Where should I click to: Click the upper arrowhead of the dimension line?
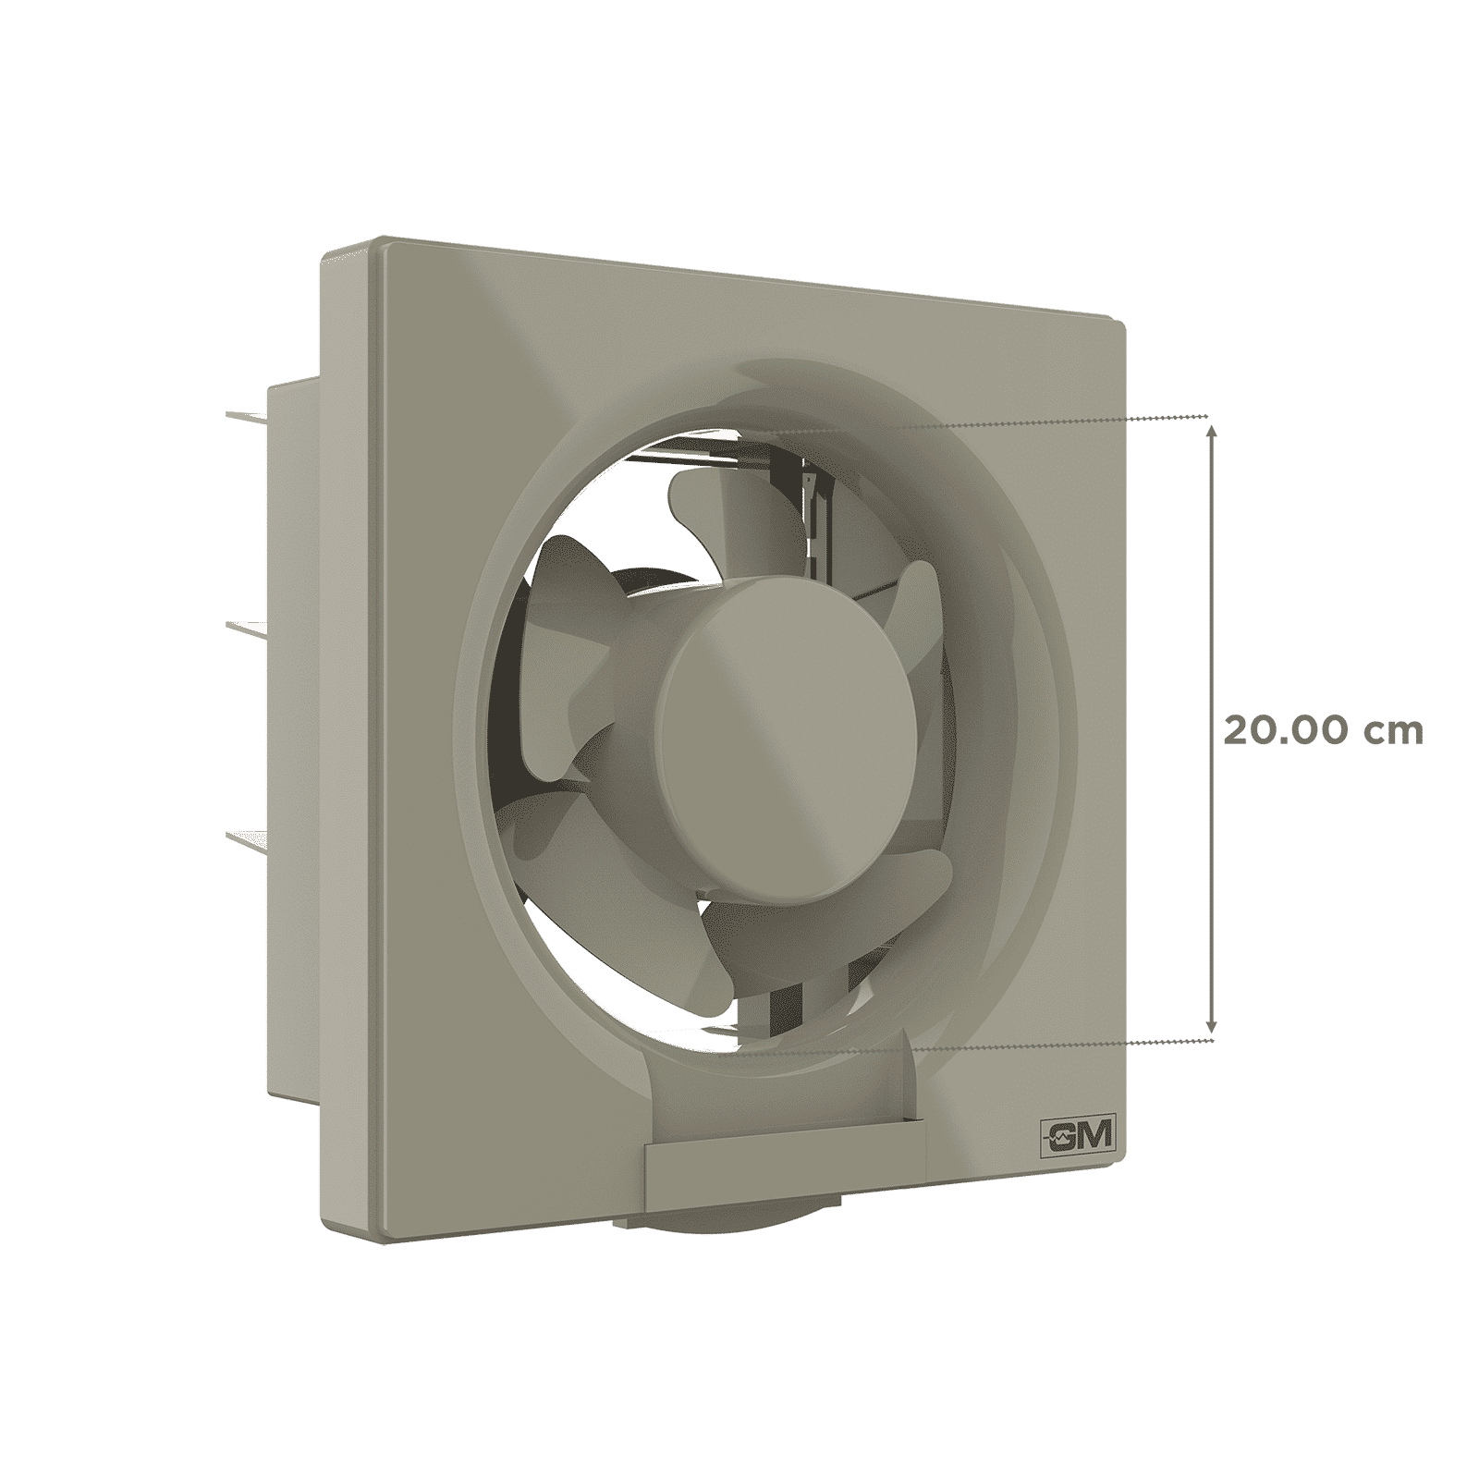tap(1213, 427)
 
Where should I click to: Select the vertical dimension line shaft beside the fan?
tap(1213, 601)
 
